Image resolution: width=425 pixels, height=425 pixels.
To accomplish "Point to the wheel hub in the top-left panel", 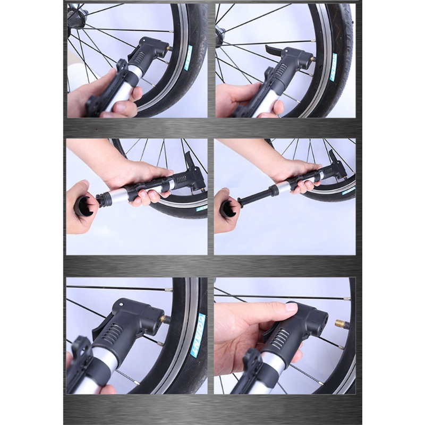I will click(x=75, y=16).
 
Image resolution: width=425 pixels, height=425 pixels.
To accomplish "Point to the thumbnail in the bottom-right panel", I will click(x=292, y=308).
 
